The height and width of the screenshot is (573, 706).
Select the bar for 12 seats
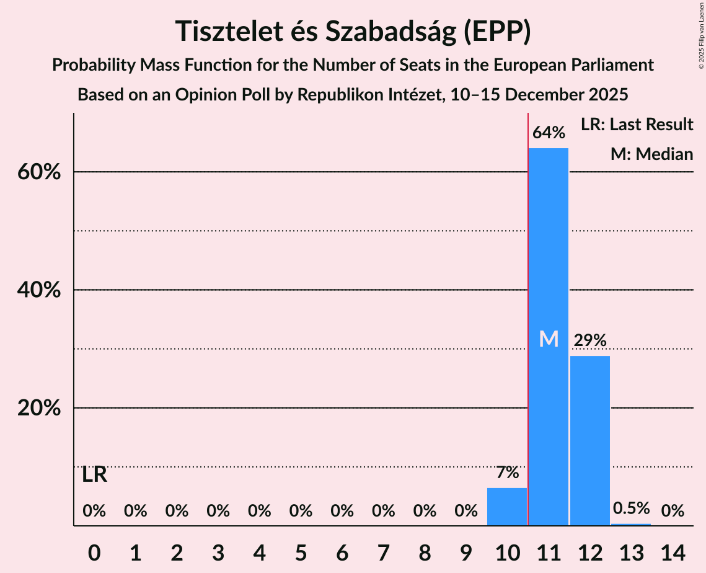(x=589, y=440)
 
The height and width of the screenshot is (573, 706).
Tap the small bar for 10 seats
(x=507, y=507)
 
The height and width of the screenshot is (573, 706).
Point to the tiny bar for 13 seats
(x=631, y=525)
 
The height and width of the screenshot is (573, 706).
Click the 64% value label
(x=549, y=133)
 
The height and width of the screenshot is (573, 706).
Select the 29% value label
(x=589, y=340)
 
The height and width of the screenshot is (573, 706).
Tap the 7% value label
(x=507, y=473)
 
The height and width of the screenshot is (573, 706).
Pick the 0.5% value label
(x=631, y=509)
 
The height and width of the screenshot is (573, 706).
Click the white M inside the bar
(x=549, y=339)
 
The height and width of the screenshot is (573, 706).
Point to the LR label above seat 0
(x=94, y=475)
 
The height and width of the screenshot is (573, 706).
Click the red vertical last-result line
(x=527, y=310)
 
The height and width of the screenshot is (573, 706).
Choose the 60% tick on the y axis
(x=38, y=172)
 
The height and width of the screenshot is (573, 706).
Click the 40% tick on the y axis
(x=38, y=290)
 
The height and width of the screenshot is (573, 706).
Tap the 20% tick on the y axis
(x=38, y=408)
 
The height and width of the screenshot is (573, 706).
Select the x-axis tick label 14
(x=673, y=551)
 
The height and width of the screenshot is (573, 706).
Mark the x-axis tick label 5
(x=301, y=551)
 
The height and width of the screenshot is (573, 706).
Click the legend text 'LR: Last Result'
(x=637, y=125)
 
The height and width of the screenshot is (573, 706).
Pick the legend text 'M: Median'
(x=651, y=154)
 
